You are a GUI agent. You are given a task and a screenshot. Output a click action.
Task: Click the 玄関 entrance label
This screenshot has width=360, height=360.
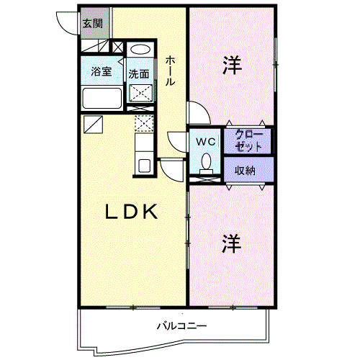point(93,24)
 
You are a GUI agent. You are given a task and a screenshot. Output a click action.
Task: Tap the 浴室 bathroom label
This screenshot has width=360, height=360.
point(102,71)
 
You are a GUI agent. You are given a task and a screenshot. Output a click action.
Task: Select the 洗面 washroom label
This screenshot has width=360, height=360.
point(139,74)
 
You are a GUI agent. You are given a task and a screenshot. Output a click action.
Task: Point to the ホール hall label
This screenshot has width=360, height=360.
point(170,71)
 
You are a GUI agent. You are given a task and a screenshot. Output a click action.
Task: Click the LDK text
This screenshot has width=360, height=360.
point(132,212)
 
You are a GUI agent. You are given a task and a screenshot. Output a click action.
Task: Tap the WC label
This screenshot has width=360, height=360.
point(206,142)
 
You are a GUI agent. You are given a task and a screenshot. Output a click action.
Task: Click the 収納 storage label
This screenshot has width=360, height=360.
point(245,171)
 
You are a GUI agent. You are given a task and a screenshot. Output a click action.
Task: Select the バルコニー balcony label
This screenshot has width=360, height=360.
point(181,325)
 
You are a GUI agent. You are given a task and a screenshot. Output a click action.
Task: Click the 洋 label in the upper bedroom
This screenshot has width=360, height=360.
point(232,65)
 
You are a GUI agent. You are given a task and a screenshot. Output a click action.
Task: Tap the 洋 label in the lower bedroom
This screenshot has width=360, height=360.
point(231,244)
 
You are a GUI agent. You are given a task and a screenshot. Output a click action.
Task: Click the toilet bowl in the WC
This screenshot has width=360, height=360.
point(207,163)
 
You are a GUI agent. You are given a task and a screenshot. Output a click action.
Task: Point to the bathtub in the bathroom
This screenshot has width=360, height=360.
point(102,99)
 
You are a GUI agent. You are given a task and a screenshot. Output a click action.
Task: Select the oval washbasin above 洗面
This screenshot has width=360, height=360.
point(140,50)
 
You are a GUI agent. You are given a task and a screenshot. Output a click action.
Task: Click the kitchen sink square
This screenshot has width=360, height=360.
point(144,166)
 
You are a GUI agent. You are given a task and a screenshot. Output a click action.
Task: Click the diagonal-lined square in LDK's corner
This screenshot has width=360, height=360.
point(93,125)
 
